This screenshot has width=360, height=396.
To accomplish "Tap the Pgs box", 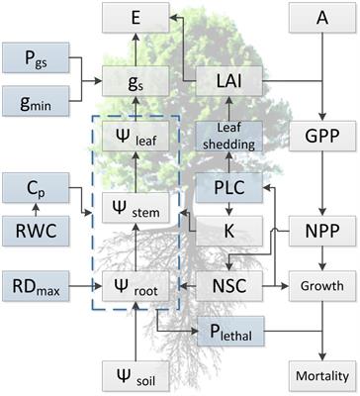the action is (x=36, y=60).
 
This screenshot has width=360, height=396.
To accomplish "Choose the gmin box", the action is (x=36, y=103).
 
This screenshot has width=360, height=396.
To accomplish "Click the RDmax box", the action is (x=36, y=284).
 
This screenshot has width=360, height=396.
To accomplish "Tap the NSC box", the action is (x=229, y=284).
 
